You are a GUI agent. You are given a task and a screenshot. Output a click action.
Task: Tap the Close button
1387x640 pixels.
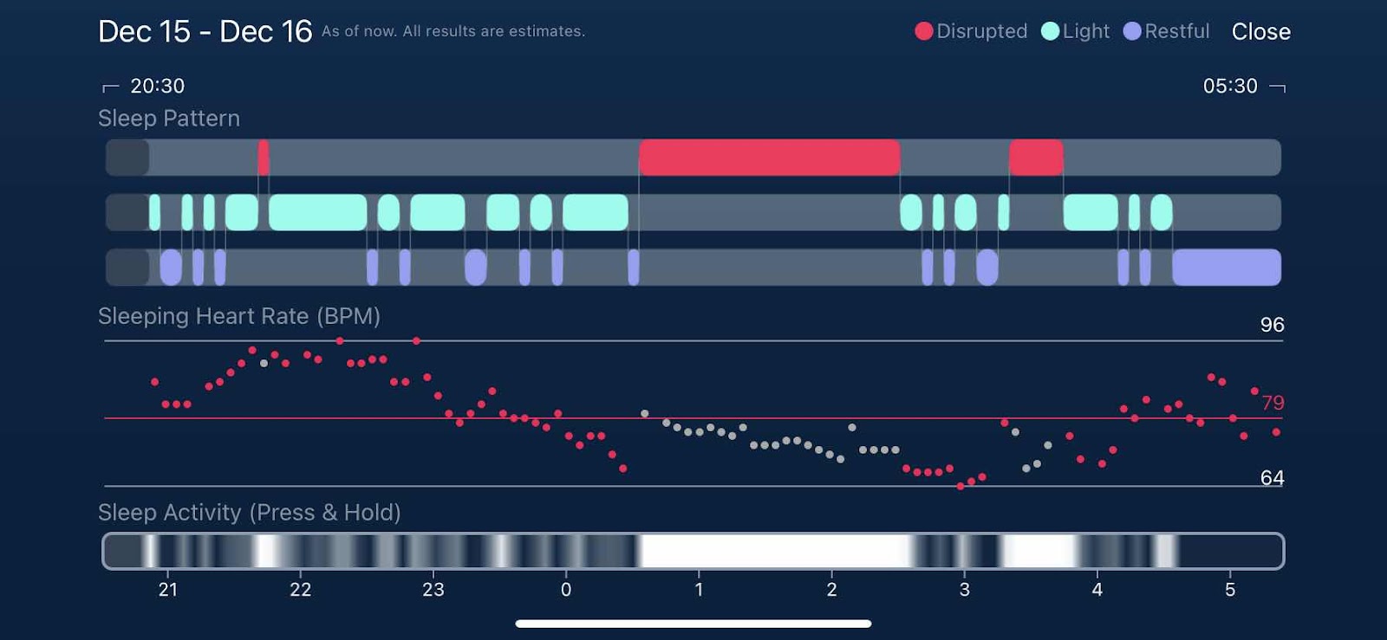1260,32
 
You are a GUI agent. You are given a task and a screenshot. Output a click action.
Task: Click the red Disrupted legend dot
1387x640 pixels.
924,31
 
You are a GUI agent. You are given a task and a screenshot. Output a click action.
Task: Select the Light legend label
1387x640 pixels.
1085,31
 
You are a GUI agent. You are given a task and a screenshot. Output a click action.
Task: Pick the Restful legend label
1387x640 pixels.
1176,31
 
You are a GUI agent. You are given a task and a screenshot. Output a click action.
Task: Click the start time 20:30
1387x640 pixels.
157,86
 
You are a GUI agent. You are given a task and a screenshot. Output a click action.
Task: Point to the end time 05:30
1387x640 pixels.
1229,86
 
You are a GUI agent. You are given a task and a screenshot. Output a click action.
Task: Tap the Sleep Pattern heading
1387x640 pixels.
169,119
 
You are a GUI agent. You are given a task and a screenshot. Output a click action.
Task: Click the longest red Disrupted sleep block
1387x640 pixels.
769,158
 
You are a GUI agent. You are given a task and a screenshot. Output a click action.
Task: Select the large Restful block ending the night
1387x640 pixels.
1226,267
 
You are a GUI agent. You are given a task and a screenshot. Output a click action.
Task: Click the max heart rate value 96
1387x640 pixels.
1272,325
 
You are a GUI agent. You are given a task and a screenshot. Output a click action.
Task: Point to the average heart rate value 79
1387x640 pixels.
1273,403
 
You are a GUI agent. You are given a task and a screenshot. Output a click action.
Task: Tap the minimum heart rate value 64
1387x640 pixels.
1272,478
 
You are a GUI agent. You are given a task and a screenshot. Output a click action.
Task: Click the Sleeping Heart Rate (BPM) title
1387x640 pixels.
239,316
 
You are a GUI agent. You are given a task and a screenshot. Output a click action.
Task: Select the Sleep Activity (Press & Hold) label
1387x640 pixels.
249,513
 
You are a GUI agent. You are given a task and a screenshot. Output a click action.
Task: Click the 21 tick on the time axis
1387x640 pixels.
168,590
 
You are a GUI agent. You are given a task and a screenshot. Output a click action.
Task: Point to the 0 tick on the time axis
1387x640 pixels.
566,590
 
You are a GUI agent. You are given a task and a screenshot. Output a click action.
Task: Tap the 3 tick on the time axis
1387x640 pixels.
964,590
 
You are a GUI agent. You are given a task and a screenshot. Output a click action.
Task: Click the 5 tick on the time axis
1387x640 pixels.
1229,590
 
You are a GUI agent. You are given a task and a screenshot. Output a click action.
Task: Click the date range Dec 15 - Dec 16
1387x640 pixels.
205,32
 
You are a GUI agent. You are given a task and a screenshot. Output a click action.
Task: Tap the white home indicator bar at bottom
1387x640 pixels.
693,624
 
